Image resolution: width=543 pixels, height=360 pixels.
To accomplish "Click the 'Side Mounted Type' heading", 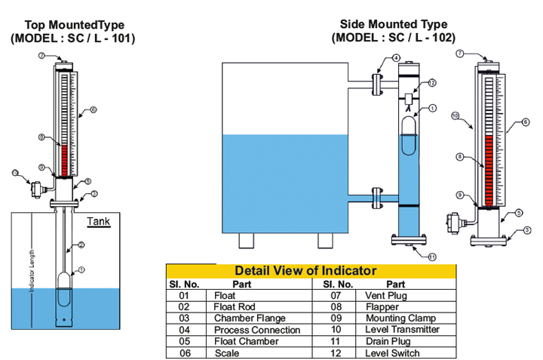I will click(395, 24).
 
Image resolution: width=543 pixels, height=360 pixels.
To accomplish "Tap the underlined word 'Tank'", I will click(98, 221).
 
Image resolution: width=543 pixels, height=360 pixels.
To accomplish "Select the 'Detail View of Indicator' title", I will click(305, 270).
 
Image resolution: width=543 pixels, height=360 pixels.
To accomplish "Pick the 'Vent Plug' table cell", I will click(387, 296).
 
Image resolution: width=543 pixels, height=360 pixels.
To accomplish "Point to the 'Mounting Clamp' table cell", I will click(400, 318).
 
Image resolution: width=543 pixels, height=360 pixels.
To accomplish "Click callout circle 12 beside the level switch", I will click(433, 83).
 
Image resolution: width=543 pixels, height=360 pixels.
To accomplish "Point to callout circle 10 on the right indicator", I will click(455, 115).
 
